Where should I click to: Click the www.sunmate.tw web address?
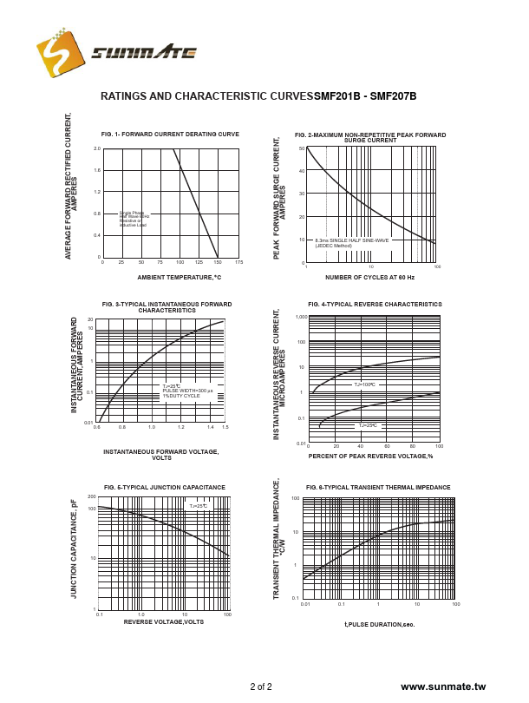point(443,687)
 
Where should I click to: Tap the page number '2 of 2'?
point(261,687)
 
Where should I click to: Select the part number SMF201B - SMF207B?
point(365,96)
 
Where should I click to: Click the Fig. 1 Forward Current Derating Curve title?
point(170,135)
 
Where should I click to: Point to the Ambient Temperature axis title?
point(180,277)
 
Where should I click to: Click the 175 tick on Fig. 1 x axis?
point(238,262)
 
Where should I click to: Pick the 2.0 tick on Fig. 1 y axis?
point(97,148)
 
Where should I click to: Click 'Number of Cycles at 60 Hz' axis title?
point(370,277)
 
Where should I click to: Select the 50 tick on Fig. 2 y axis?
point(301,148)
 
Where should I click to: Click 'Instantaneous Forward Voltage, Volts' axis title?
point(161,455)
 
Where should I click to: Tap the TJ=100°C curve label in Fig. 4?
point(364,384)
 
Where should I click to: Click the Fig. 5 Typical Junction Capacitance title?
point(165,488)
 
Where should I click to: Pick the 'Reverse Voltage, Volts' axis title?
point(164,621)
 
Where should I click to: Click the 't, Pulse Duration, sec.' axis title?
point(380,624)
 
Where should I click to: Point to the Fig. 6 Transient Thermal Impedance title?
point(378,488)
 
